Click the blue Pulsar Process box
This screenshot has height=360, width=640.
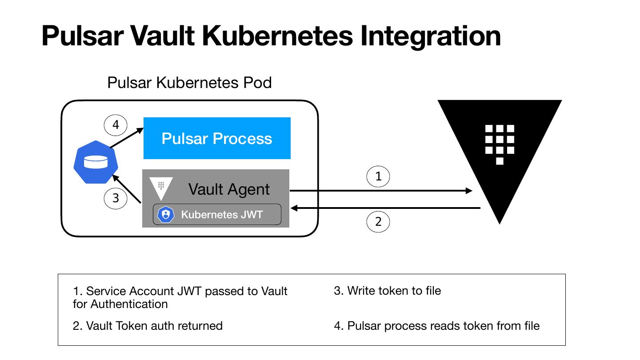[217, 138]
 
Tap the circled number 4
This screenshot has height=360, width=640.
[116, 125]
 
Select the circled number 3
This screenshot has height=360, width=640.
[116, 198]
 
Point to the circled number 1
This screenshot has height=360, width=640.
[378, 176]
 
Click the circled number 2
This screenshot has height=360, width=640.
[378, 221]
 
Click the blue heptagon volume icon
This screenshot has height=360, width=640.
[96, 162]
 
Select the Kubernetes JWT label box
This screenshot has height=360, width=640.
[217, 214]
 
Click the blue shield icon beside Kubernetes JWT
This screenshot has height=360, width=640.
[166, 214]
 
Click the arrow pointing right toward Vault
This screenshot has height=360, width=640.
[381, 191]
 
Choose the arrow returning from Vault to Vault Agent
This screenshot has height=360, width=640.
[385, 208]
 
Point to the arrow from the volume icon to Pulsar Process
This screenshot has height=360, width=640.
[127, 138]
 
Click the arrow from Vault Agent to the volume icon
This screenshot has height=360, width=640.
[127, 189]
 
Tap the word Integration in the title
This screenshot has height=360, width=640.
[430, 36]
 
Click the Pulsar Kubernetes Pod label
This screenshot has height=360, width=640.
[189, 83]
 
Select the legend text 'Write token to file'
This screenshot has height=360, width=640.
[394, 291]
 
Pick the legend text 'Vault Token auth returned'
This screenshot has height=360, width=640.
[154, 326]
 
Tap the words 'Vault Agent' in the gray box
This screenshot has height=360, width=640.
[229, 189]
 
